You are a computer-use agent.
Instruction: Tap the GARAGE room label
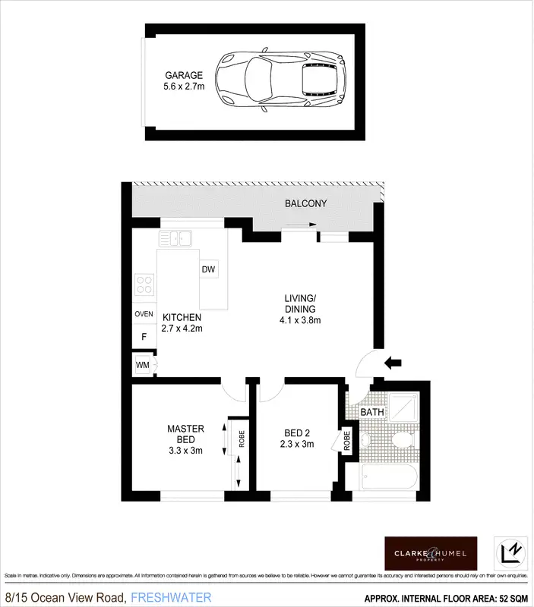[184, 75]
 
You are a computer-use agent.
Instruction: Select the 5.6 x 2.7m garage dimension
[184, 87]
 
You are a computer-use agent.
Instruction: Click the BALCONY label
[305, 203]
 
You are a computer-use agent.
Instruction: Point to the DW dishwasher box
[209, 270]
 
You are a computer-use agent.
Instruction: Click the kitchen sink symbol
[174, 239]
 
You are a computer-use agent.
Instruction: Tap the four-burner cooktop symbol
[144, 285]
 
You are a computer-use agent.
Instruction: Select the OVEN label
[144, 313]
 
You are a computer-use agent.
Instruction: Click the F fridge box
[144, 336]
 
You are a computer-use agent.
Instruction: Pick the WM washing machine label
[142, 365]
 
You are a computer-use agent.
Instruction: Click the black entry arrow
[393, 362]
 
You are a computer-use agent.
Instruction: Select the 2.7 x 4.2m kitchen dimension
[182, 329]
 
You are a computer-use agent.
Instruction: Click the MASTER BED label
[185, 434]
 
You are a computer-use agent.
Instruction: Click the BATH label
[372, 413]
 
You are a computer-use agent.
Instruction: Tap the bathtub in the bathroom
[389, 479]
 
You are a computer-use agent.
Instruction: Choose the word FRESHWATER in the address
[172, 598]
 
